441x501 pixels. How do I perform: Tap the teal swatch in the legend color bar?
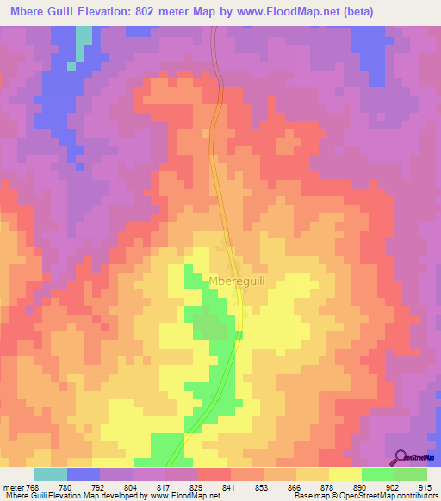(x=51, y=475)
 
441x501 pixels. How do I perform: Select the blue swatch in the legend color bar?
(x=84, y=475)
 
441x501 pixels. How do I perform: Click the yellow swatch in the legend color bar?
(x=345, y=475)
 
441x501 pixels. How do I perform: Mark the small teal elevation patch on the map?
(x=84, y=40)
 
